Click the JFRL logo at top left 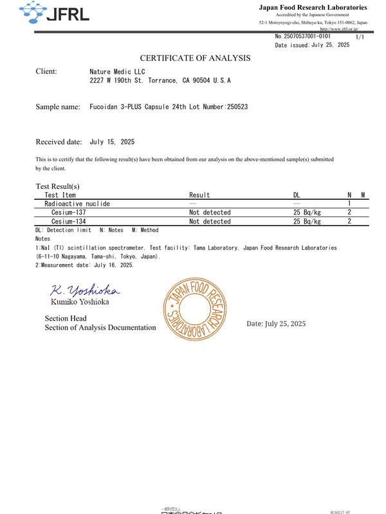(x=54, y=13)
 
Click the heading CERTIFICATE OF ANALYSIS (x=195, y=58)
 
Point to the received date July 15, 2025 (x=112, y=142)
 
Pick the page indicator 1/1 (x=360, y=38)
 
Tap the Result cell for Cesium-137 (x=210, y=213)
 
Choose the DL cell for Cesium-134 (x=307, y=222)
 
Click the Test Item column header (x=60, y=195)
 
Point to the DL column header (x=297, y=195)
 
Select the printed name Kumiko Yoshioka (x=80, y=301)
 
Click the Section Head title (x=66, y=319)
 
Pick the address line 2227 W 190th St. (x=160, y=82)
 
